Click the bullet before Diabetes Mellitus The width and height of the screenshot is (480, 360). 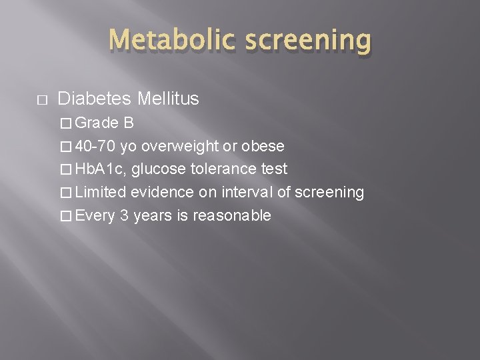(41, 100)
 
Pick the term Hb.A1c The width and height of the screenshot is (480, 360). (101, 169)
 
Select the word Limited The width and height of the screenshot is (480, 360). (101, 193)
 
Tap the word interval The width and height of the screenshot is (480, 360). (249, 193)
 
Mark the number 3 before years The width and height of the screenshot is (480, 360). (125, 215)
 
